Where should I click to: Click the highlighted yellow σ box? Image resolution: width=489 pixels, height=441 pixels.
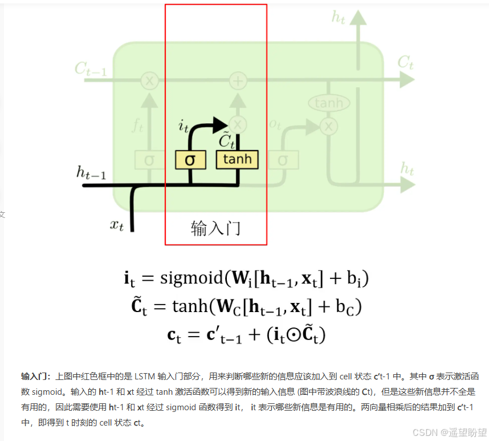click(190, 160)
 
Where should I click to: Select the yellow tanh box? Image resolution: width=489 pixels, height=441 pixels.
click(237, 159)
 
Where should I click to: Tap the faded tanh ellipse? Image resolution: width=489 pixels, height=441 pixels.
click(329, 103)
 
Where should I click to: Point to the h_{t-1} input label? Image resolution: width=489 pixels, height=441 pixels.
click(91, 172)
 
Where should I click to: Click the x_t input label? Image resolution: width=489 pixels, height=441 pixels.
click(116, 224)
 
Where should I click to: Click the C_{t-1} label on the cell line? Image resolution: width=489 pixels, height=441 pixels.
click(90, 69)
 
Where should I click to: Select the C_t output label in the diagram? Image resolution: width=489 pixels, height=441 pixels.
click(405, 62)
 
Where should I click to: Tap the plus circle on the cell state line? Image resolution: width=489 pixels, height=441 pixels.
click(238, 81)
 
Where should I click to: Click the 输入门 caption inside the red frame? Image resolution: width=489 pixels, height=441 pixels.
click(215, 228)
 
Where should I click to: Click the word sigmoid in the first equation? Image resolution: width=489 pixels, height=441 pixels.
click(190, 278)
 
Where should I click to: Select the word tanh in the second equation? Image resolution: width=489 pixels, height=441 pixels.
click(190, 306)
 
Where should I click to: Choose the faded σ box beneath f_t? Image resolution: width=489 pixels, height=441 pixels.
click(149, 160)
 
